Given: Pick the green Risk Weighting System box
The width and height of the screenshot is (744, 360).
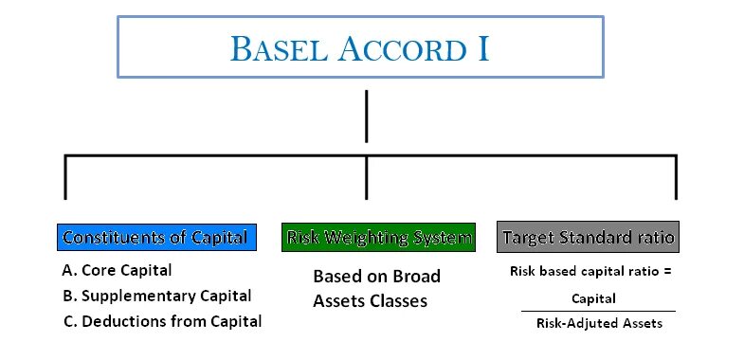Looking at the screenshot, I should coord(377,237).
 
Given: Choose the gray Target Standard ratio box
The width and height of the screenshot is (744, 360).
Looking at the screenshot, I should coord(588,237).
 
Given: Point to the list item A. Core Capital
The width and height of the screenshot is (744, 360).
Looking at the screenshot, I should coord(117,271).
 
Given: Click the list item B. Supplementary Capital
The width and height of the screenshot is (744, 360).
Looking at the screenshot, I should coord(156,296).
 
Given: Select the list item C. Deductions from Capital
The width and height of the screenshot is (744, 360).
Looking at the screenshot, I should coord(161,321).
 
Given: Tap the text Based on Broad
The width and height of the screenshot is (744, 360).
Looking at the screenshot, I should coord(376,277).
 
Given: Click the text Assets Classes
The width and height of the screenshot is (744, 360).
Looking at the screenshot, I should coord(370,301).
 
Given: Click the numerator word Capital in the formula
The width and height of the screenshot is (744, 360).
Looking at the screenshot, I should coord(593,298).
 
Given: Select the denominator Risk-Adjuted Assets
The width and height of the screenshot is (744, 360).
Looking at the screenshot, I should coord(593,323).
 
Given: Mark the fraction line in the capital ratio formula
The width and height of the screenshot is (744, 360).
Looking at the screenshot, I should coord(597,311).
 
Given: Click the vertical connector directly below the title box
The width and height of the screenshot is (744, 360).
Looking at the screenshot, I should coord(366,116).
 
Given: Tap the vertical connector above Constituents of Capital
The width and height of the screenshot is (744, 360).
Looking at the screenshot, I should coord(64,177).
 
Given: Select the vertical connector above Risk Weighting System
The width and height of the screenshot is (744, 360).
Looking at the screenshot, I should coord(366,177).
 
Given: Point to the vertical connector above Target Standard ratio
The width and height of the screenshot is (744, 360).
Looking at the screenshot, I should coord(676,177).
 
